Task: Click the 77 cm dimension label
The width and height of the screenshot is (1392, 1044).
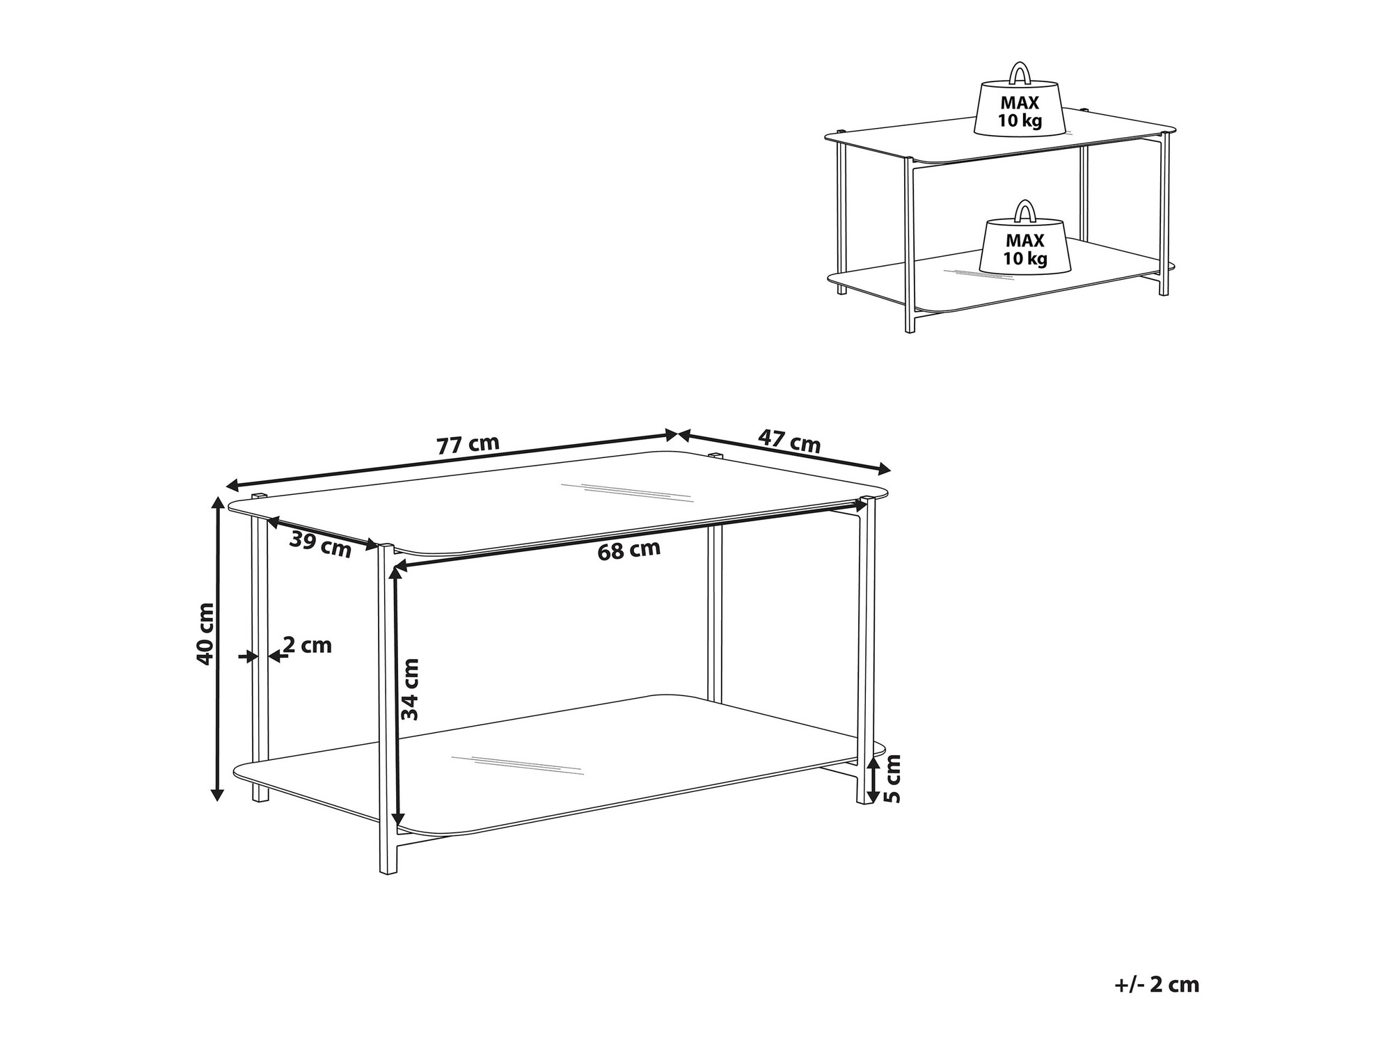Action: pyautogui.click(x=468, y=444)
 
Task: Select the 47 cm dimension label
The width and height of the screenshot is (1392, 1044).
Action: pyautogui.click(x=789, y=441)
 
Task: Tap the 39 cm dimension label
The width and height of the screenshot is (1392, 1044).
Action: pyautogui.click(x=321, y=544)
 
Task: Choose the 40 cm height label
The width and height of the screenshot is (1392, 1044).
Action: pyautogui.click(x=205, y=633)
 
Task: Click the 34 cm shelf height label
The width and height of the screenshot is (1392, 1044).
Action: pyautogui.click(x=411, y=689)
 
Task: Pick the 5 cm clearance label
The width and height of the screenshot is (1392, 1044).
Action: pyautogui.click(x=892, y=778)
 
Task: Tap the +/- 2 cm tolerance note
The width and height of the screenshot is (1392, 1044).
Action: pyautogui.click(x=1157, y=985)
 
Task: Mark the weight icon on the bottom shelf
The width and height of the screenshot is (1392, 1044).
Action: pyautogui.click(x=1024, y=237)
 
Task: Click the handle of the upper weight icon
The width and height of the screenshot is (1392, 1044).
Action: pyautogui.click(x=1020, y=72)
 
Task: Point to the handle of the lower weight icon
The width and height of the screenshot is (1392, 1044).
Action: pyautogui.click(x=1024, y=210)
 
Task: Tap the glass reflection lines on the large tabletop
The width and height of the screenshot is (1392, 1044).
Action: pyautogui.click(x=627, y=492)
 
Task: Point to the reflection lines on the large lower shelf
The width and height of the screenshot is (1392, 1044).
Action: pyautogui.click(x=516, y=766)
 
